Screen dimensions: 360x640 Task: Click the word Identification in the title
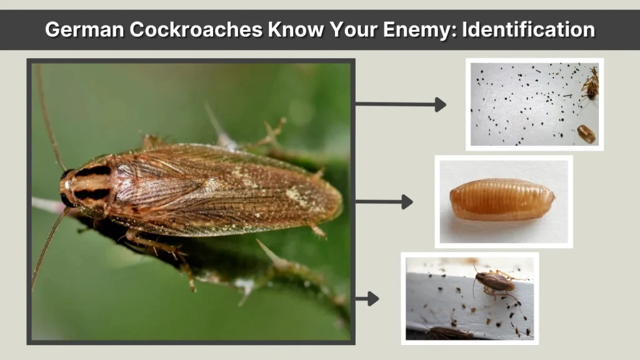coord(528,29)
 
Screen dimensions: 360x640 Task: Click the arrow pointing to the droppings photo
coord(401,104)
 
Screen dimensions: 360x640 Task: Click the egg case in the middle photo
coord(502,199)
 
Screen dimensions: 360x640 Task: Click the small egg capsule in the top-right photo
coord(586,133)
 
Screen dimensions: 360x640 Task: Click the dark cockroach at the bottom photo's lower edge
coord(449,333)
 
